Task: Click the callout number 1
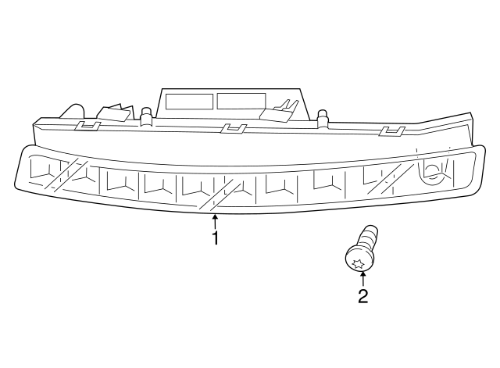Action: [x=216, y=238]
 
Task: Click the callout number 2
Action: [x=362, y=296]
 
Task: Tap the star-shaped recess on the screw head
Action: [x=358, y=263]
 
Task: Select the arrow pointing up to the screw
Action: [x=362, y=278]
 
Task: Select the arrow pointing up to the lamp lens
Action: [x=216, y=222]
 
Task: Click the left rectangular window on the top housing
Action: [x=189, y=102]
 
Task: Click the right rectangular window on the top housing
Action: [x=241, y=101]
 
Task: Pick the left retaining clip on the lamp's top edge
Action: [x=87, y=126]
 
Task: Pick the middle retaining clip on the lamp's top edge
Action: [x=234, y=128]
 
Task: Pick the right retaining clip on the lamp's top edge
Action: [x=392, y=130]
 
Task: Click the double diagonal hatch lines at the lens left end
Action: [x=66, y=175]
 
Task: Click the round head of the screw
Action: [x=359, y=260]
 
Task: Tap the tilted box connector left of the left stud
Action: [x=116, y=113]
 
